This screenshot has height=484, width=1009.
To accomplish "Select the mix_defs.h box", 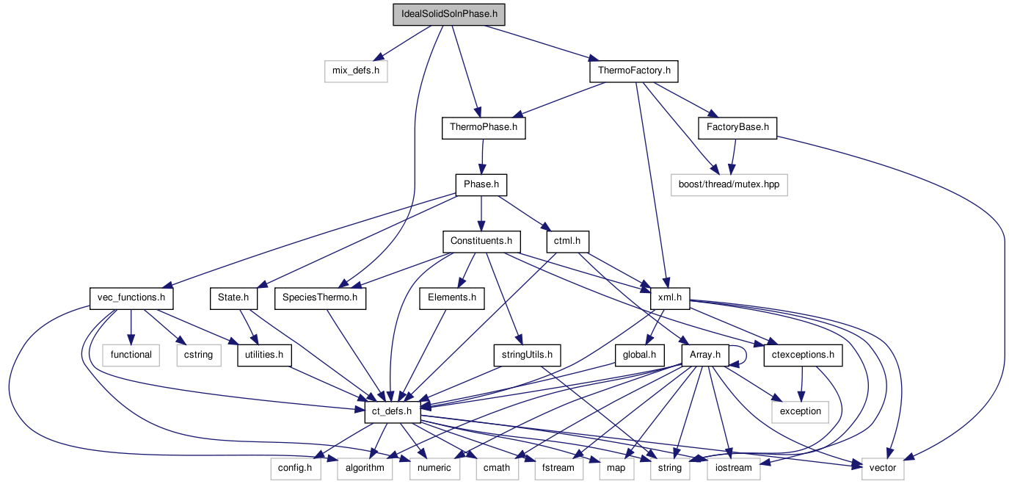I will point(355,71).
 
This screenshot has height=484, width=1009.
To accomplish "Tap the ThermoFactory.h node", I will point(633,71).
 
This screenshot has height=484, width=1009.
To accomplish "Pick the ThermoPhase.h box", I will point(484,128).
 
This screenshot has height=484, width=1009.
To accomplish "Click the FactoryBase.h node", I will point(737,128).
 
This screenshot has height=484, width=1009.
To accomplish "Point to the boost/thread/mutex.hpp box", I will point(729,184).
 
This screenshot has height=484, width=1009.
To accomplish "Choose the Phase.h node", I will point(481,184).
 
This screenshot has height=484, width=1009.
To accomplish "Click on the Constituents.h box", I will point(481,241).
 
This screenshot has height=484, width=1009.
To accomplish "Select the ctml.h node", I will point(568,241).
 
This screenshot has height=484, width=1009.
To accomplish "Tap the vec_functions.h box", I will point(131,298).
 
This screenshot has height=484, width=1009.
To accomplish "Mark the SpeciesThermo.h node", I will point(320,298).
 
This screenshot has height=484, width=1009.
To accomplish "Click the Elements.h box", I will point(452,298).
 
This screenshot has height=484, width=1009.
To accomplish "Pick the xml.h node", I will point(671,298).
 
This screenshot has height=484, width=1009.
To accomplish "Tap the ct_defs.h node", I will point(392,411).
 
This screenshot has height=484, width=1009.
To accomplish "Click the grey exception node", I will point(801,411).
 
